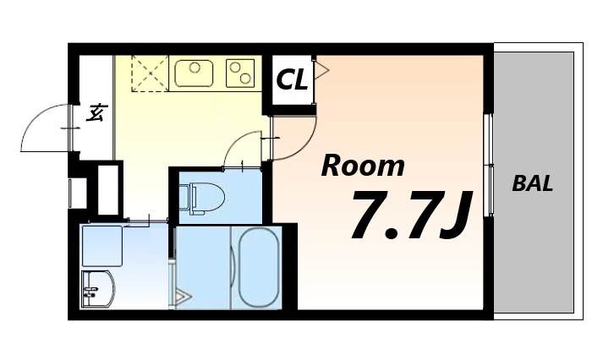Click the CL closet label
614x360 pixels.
pyautogui.click(x=292, y=80)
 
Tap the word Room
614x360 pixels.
pyautogui.click(x=363, y=166)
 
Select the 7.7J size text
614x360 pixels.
pyautogui.click(x=410, y=215)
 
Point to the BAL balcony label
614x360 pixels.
pyautogui.click(x=533, y=184)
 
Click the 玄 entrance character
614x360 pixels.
pyautogui.click(x=96, y=112)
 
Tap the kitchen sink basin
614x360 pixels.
pyautogui.click(x=194, y=73)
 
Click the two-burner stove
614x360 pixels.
pyautogui.click(x=240, y=72)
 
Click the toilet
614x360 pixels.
pyautogui.click(x=203, y=197)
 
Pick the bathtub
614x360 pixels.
pyautogui.click(x=258, y=267)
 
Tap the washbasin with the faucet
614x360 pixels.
pyautogui.click(x=97, y=290)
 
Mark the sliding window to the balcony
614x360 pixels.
pyautogui.click(x=489, y=164)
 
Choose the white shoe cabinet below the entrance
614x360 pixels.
pyautogui.click(x=107, y=189)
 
